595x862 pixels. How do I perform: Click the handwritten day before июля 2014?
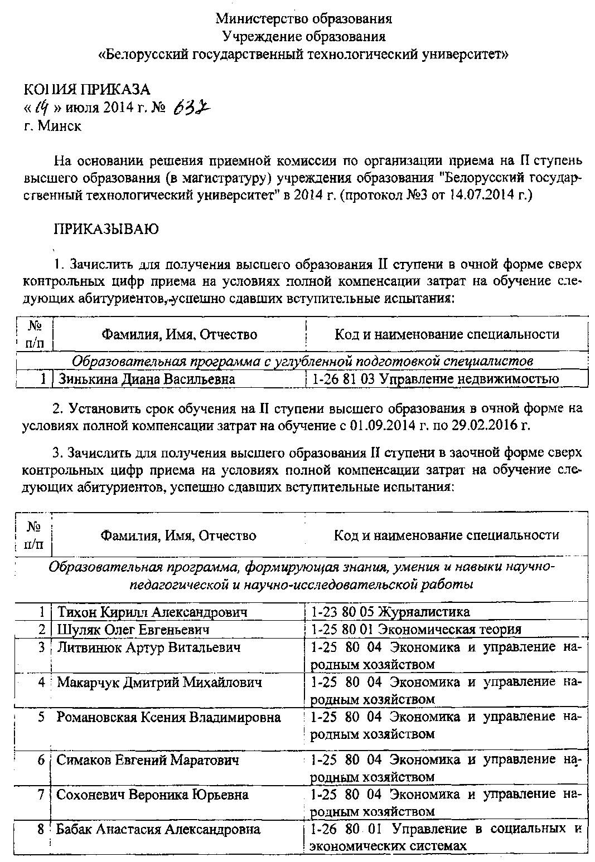click(x=38, y=107)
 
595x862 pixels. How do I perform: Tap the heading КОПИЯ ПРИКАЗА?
click(x=86, y=89)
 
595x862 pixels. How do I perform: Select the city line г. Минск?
click(x=52, y=126)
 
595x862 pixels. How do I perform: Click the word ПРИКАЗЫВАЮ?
click(x=106, y=229)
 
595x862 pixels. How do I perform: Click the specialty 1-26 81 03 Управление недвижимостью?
click(x=435, y=379)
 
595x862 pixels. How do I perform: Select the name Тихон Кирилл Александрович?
click(x=152, y=612)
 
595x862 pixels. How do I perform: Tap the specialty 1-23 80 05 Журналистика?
click(x=390, y=612)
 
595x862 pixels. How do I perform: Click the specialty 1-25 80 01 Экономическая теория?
click(x=416, y=630)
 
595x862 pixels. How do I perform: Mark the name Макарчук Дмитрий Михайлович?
click(x=159, y=683)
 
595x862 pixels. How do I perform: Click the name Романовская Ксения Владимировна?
click(x=168, y=717)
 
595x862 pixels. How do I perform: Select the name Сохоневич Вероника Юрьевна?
click(x=152, y=795)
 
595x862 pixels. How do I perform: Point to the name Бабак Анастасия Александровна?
click(x=158, y=829)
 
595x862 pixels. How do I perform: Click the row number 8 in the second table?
click(x=41, y=829)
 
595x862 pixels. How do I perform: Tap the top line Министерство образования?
click(x=304, y=19)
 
